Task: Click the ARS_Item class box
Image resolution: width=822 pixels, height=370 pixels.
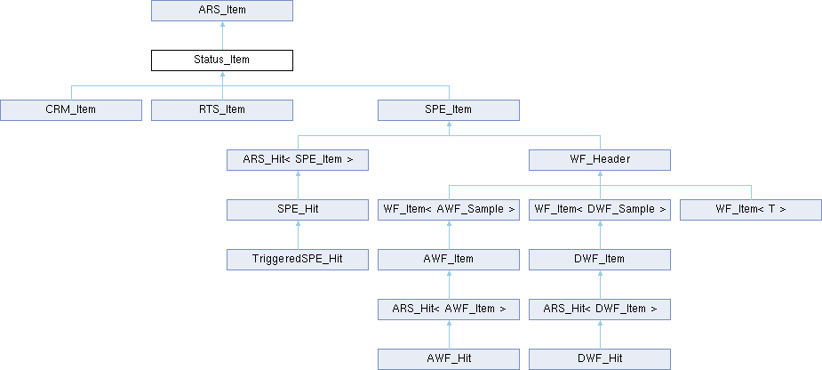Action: coord(222,11)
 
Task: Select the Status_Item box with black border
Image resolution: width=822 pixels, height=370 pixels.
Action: coord(222,60)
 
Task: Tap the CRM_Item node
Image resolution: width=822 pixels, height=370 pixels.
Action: coord(71,110)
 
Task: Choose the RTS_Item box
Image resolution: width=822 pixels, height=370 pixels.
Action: coord(222,110)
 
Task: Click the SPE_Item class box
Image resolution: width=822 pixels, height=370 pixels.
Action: coord(449,110)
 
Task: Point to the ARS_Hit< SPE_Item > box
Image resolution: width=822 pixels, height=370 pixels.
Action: coord(298,160)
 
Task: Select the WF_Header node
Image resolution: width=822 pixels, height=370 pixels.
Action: coord(600,160)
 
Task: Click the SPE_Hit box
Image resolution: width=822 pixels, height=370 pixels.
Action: coord(298,210)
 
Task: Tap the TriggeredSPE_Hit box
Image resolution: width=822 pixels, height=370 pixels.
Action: coord(298,260)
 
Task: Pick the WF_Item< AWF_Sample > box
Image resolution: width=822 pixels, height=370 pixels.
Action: coord(449,210)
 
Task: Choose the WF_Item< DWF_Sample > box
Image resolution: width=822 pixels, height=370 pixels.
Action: coord(600,210)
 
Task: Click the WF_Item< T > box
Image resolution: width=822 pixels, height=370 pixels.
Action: coord(751,210)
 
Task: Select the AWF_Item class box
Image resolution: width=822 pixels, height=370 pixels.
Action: coord(449,260)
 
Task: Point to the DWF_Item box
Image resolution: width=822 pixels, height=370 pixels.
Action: coord(600,260)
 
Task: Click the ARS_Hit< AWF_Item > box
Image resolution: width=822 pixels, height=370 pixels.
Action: coord(449,310)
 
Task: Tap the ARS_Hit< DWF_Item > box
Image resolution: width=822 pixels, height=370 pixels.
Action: coord(600,310)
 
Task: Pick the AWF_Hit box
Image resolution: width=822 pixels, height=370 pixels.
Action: coord(449,359)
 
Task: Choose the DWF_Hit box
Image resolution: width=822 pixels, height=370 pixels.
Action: coord(600,359)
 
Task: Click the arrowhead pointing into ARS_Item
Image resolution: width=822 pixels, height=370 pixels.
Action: coord(222,24)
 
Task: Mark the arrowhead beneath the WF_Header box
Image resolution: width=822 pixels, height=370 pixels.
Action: coord(600,173)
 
